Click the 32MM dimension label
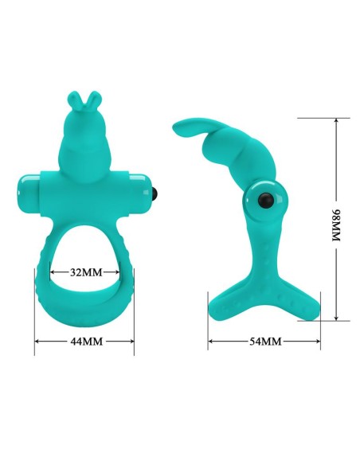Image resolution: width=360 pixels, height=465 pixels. click(x=86, y=272)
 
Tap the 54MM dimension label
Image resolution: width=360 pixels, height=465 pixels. click(x=265, y=342)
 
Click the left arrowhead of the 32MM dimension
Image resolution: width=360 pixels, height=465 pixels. click(x=55, y=272)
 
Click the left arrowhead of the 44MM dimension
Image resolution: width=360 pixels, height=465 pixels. click(x=37, y=342)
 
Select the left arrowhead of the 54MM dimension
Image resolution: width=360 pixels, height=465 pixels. click(x=211, y=342)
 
